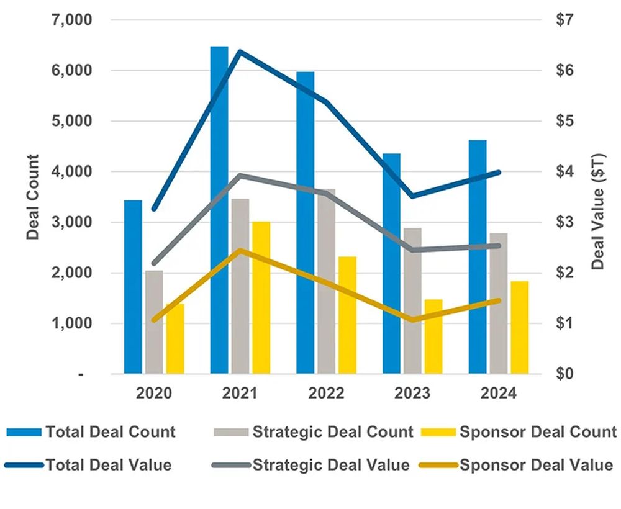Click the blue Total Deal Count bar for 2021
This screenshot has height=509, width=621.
[219, 211]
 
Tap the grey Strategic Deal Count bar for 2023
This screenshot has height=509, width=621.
[412, 301]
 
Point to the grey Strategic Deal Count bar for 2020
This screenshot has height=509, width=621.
[154, 322]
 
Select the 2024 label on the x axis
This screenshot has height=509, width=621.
[498, 394]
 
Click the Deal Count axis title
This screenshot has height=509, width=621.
[33, 197]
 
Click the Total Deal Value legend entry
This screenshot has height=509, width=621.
[109, 464]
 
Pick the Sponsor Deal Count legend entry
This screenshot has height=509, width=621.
[537, 432]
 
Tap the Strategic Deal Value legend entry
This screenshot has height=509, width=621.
[330, 464]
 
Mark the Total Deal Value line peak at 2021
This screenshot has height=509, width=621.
[240, 52]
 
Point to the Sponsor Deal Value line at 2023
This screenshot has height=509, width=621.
[413, 320]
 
